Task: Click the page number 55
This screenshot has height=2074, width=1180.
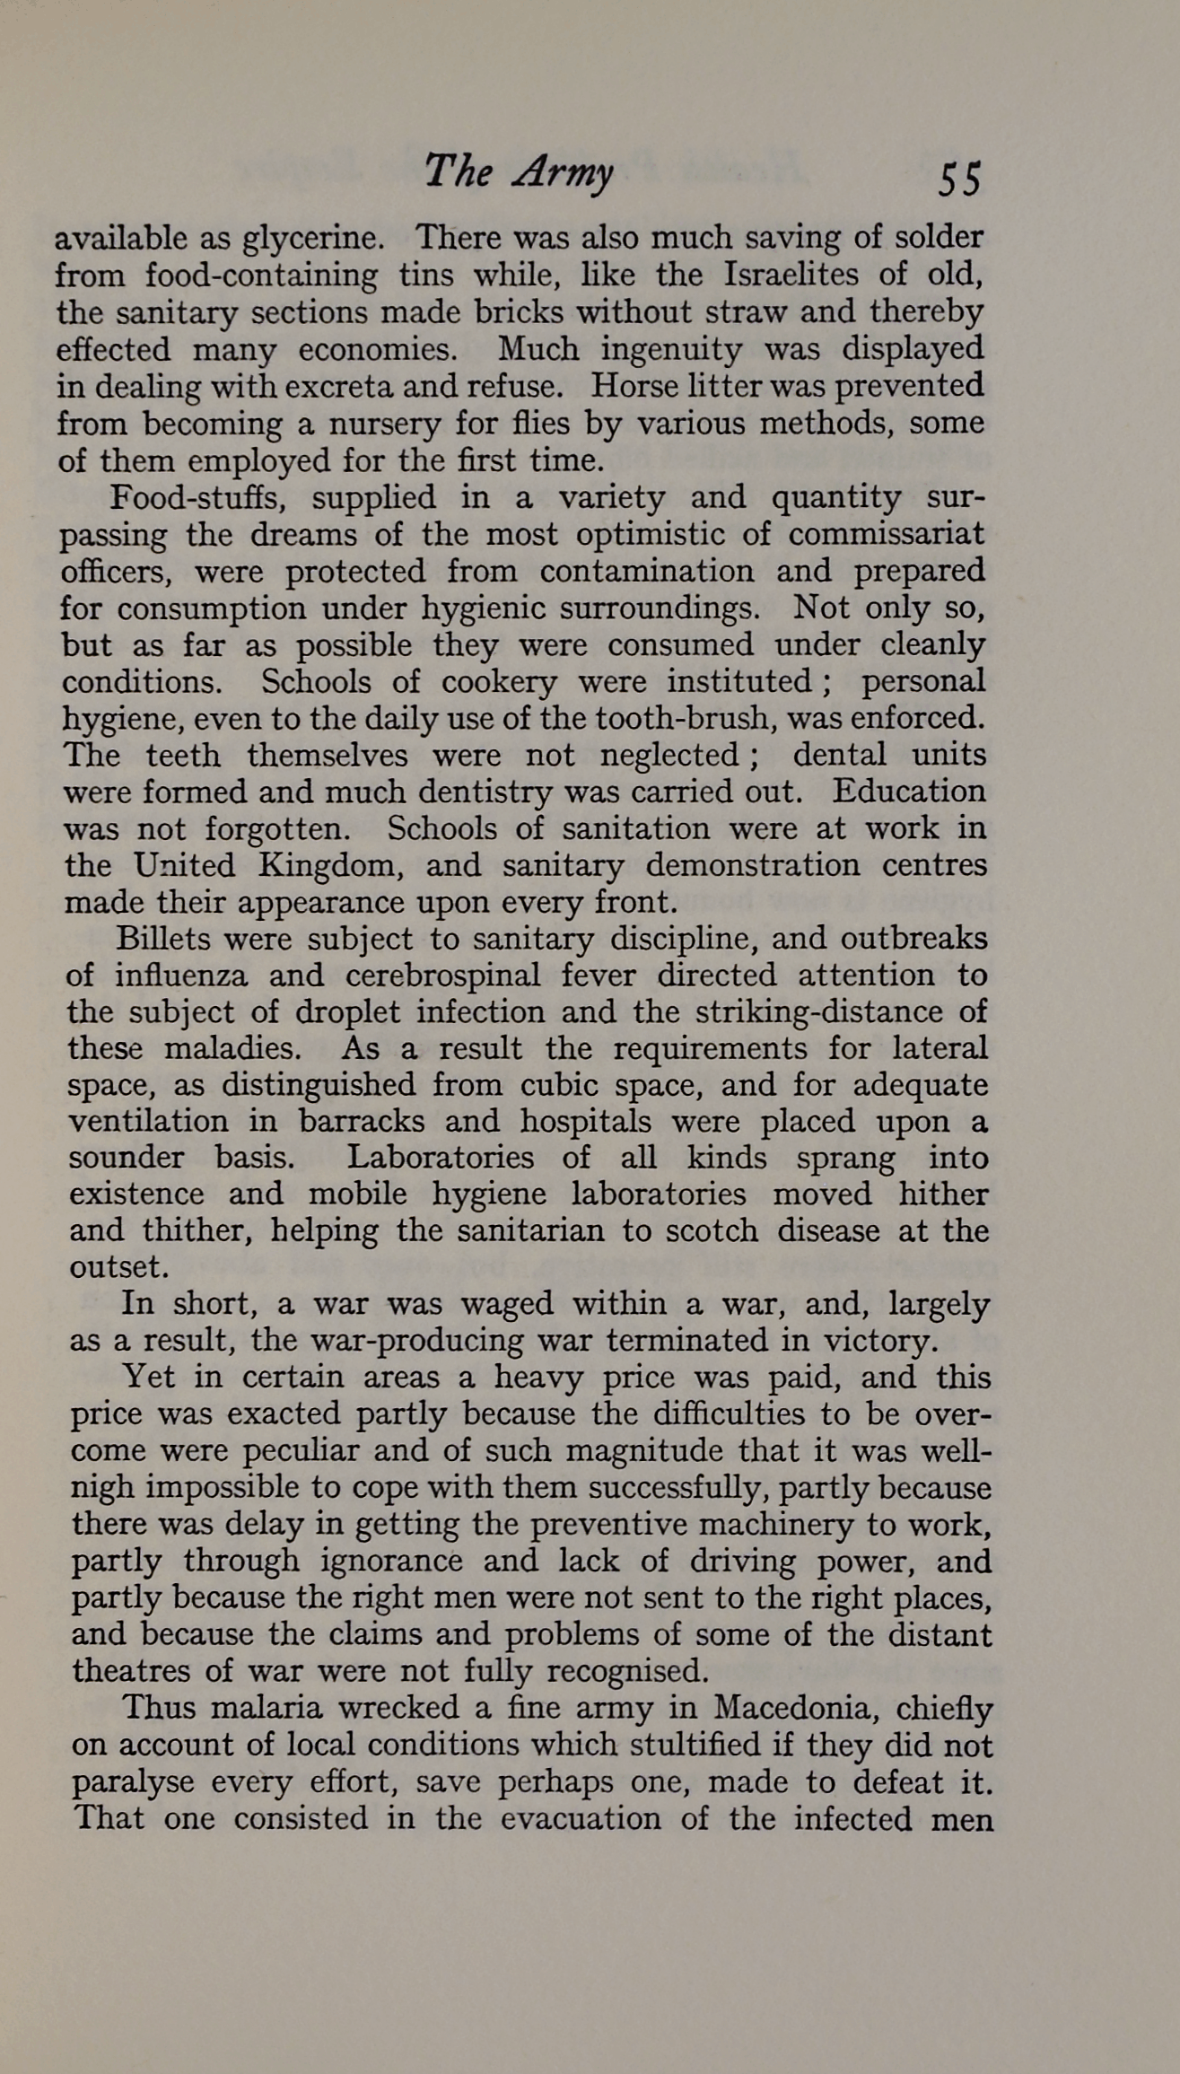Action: (x=959, y=179)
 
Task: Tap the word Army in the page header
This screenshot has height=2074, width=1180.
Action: (x=564, y=172)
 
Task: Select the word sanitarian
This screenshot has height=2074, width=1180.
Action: (x=530, y=1230)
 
